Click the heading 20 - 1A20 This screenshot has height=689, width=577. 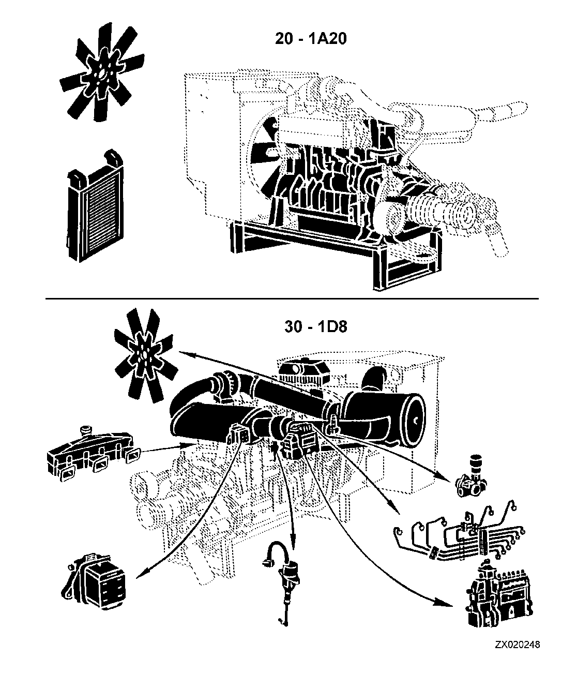[311, 39]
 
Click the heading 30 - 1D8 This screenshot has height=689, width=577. [316, 327]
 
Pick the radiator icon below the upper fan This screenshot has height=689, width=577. [95, 205]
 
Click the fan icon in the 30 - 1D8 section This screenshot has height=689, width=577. [144, 355]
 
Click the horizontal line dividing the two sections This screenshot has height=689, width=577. [292, 298]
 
